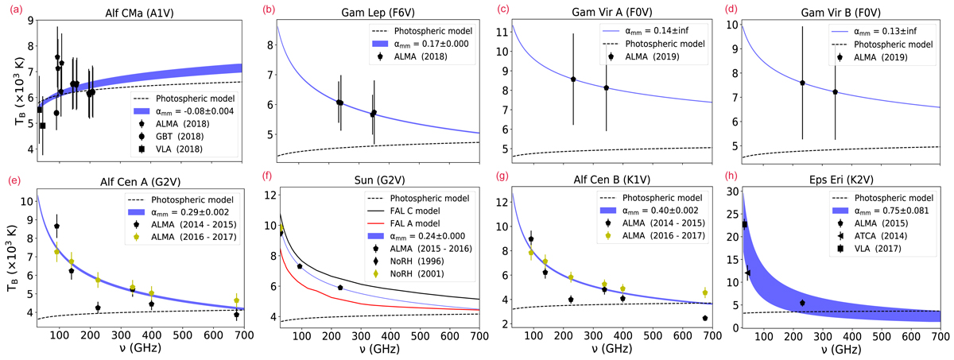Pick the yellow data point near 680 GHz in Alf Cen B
click(705, 292)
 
